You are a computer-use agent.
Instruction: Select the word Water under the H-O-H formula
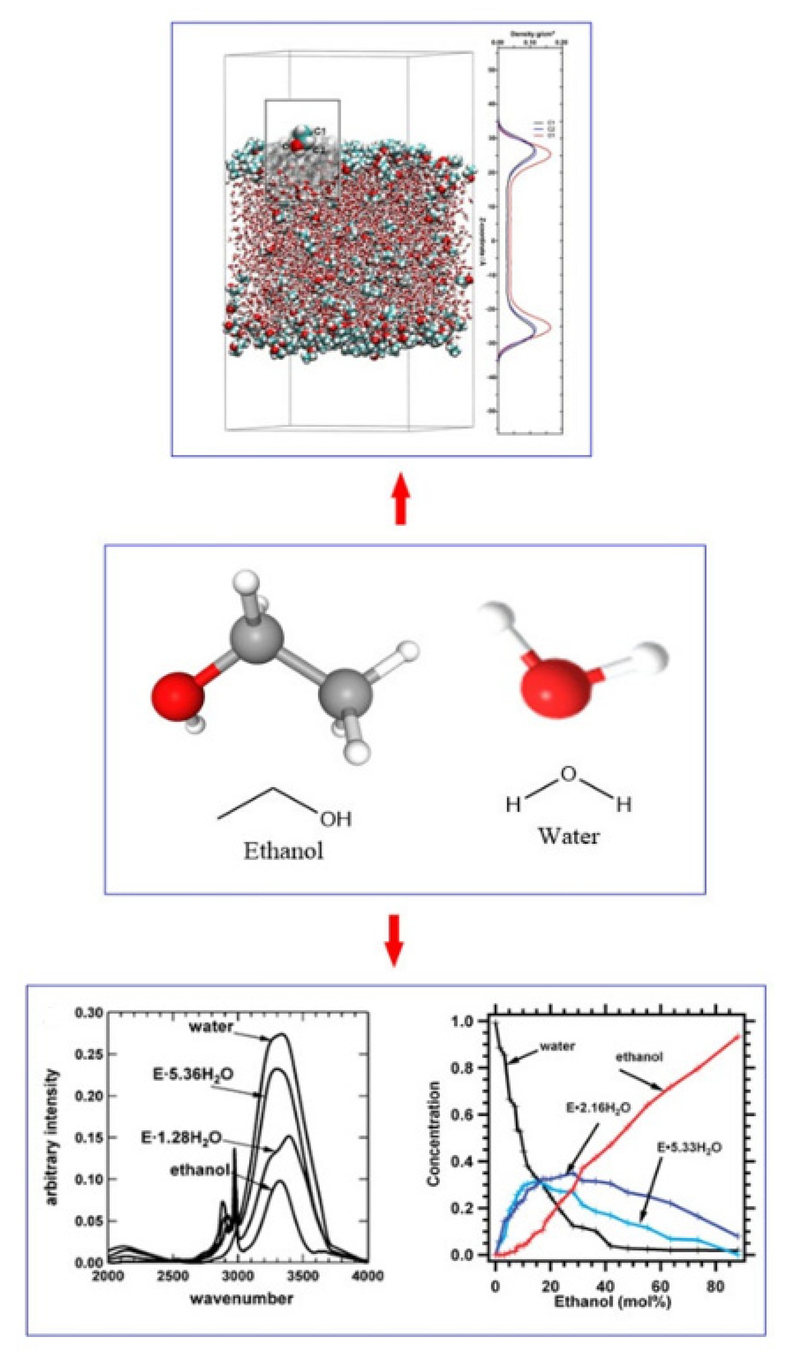coord(568,836)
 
